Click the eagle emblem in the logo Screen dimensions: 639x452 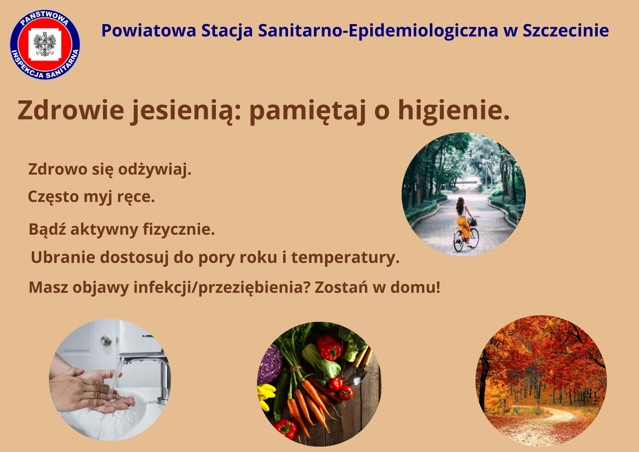(x=45, y=44)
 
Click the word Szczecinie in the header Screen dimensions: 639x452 (x=566, y=31)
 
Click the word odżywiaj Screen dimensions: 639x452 (x=155, y=170)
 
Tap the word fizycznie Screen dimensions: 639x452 (x=179, y=230)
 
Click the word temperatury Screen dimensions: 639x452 (x=346, y=258)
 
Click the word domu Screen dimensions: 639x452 (x=415, y=287)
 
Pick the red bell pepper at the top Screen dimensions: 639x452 (x=329, y=347)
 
